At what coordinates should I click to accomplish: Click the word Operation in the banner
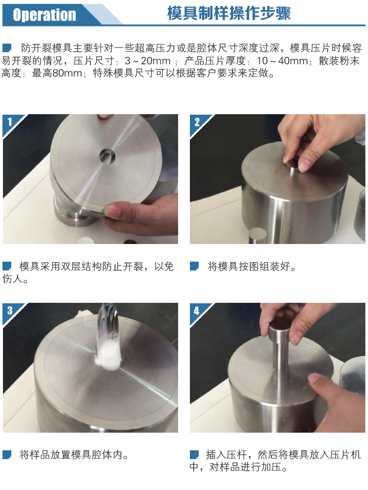44,14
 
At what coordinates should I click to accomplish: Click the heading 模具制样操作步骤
229,13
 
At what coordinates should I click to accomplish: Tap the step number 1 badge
10,122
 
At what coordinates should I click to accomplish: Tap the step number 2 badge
197,122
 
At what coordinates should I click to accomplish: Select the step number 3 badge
10,310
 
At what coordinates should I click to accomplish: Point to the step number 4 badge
197,311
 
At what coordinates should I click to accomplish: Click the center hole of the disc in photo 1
107,156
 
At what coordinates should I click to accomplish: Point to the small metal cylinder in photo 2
257,236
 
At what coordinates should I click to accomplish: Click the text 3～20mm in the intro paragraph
148,61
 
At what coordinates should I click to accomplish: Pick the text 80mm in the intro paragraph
67,73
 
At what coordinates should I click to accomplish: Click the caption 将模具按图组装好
252,267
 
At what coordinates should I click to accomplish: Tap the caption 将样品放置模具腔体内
74,455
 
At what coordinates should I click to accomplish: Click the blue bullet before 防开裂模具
7,48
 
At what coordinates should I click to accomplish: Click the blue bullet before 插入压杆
194,455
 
